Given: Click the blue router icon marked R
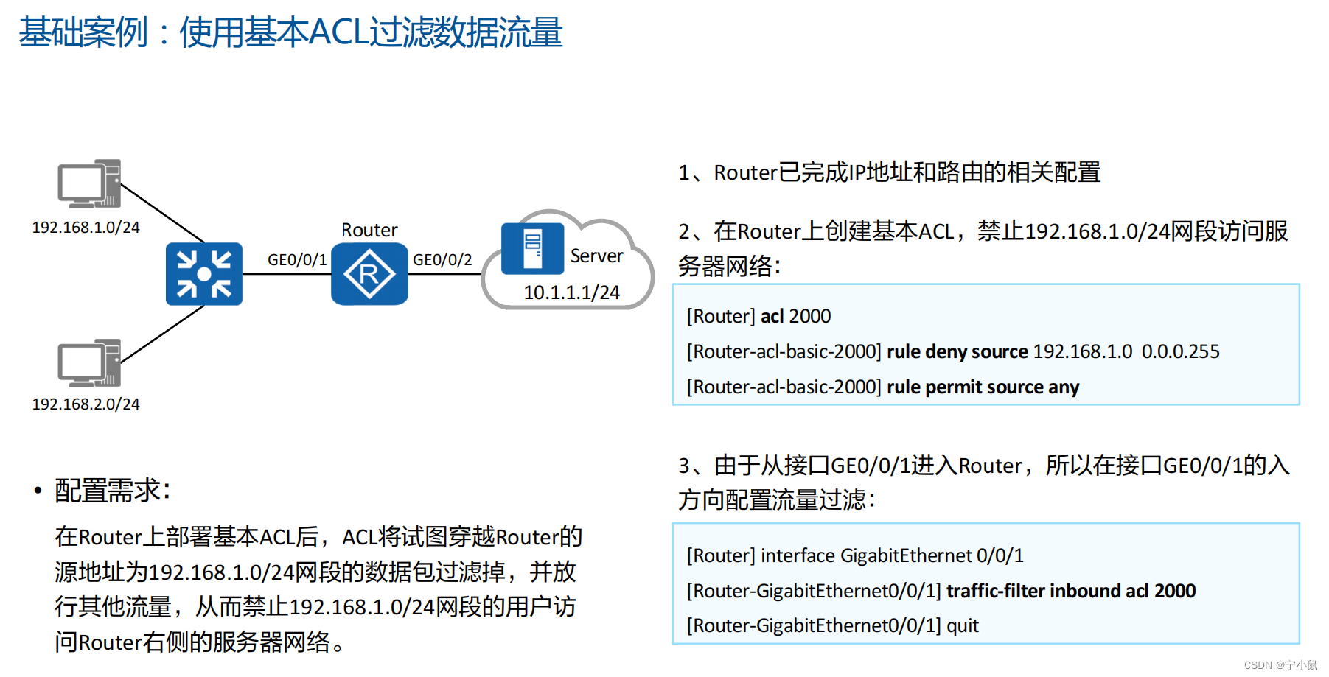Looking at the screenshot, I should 369,274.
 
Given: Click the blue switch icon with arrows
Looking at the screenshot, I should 204,274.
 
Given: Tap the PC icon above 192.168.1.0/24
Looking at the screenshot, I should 90,183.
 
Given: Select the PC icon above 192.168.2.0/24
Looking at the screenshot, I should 90,363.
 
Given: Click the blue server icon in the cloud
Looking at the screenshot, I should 532,249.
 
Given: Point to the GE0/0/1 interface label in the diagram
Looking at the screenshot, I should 296,260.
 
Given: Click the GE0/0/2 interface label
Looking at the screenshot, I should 442,260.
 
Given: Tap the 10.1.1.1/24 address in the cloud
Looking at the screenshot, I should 571,292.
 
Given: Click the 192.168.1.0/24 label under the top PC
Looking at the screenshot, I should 86,228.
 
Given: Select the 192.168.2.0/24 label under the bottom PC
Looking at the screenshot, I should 86,404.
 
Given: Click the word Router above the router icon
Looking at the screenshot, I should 369,230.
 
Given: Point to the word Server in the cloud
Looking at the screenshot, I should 596,256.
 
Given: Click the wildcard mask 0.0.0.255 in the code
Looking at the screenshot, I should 1180,351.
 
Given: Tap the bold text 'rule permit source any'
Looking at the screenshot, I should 983,387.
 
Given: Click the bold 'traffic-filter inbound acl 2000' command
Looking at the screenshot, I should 1071,591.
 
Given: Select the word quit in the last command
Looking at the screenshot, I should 963,625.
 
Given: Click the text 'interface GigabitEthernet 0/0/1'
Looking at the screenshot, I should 892,555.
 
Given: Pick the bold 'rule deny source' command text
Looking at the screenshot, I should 957,351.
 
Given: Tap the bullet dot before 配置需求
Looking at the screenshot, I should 38,491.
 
